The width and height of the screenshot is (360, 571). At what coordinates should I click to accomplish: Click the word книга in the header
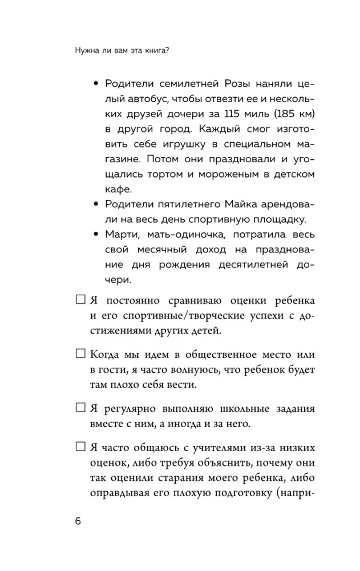[158, 50]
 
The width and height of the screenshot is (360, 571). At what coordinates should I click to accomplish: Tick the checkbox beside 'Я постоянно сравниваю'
[80, 300]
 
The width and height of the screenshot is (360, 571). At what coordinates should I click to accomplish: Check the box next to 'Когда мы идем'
[80, 354]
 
